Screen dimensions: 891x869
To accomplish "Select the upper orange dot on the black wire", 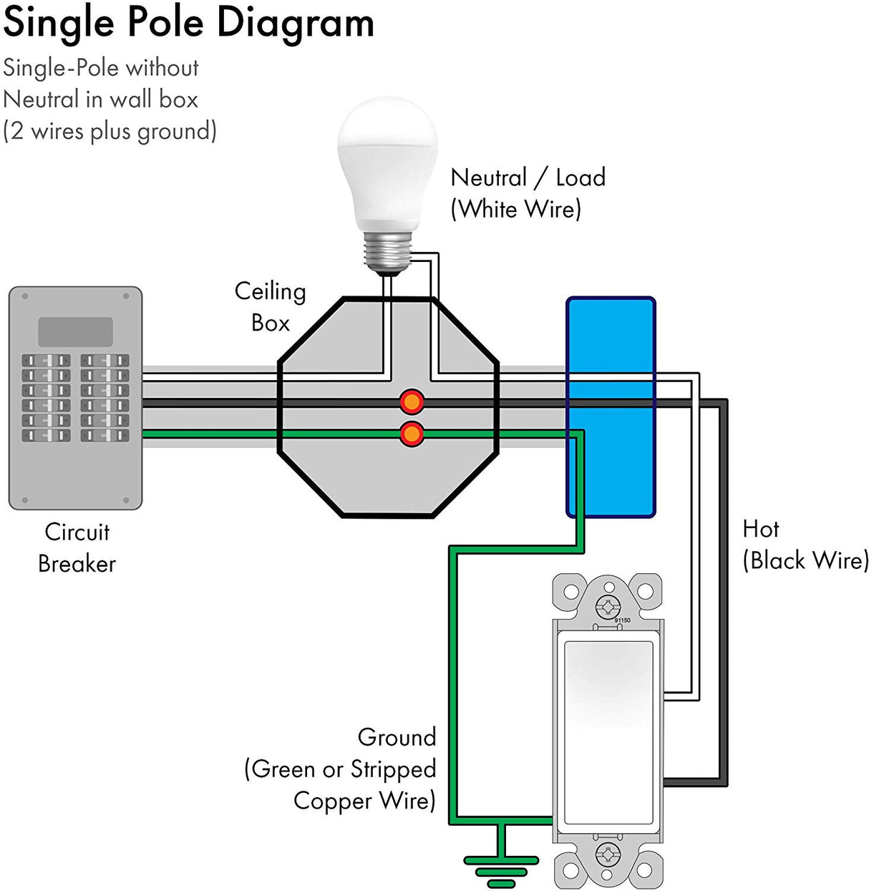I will pyautogui.click(x=412, y=401).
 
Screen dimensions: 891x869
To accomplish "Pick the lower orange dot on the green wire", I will pyautogui.click(x=412, y=434).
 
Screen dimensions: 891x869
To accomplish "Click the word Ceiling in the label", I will pyautogui.click(x=270, y=291).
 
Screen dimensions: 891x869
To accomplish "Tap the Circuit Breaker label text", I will pyautogui.click(x=77, y=547).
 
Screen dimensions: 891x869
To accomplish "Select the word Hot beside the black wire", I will pyautogui.click(x=760, y=529).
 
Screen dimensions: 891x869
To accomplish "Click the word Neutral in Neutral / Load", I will pyautogui.click(x=488, y=177).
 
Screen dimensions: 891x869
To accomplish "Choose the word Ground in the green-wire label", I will pyautogui.click(x=397, y=737).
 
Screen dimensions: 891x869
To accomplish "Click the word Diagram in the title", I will pyautogui.click(x=295, y=22).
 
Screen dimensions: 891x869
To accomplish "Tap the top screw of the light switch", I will pyautogui.click(x=608, y=608).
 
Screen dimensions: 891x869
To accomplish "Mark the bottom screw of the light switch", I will pyautogui.click(x=608, y=853).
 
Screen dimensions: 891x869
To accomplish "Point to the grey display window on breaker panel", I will pyautogui.click(x=75, y=332).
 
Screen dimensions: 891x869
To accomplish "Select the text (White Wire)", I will pyautogui.click(x=515, y=210).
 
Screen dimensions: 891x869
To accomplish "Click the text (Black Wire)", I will pyautogui.click(x=805, y=560).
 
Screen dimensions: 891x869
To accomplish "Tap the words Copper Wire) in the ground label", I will pyautogui.click(x=364, y=801).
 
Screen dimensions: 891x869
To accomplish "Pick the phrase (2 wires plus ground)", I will pyautogui.click(x=110, y=132).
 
